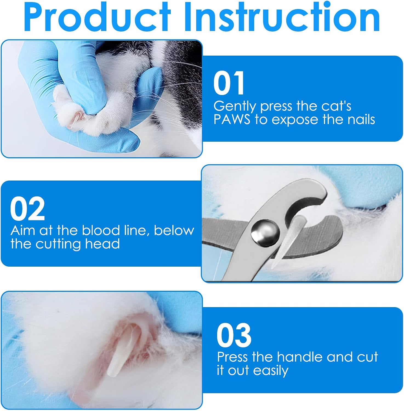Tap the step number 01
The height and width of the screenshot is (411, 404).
(229, 83)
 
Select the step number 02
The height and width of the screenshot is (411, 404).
(27, 209)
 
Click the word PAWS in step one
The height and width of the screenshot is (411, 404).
(232, 120)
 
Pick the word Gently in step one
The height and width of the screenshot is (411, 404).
(235, 106)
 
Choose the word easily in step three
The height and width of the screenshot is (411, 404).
(271, 371)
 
